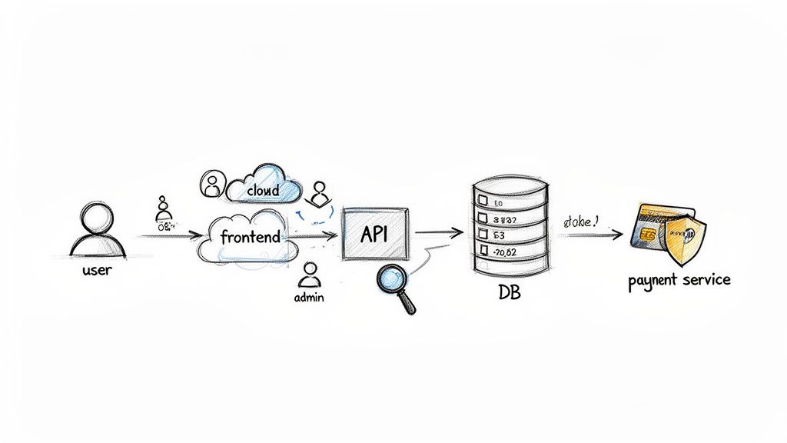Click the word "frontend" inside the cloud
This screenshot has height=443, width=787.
[249, 237]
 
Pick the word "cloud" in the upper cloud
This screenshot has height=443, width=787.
[263, 189]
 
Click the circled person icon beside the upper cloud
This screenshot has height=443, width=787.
[210, 182]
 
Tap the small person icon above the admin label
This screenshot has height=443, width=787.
[310, 273]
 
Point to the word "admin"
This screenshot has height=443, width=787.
[310, 297]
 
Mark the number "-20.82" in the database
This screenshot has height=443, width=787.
[507, 252]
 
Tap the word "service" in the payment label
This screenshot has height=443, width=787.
[704, 280]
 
